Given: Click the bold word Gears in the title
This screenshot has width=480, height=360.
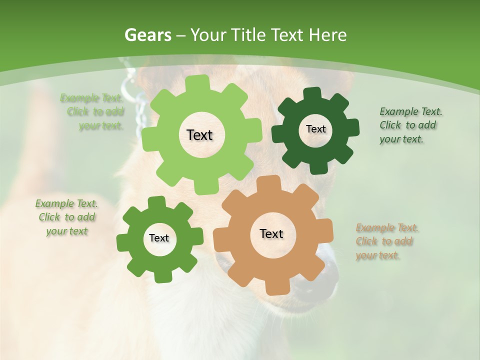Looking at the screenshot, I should click(x=147, y=35).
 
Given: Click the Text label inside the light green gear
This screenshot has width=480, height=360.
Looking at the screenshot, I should click(x=199, y=135).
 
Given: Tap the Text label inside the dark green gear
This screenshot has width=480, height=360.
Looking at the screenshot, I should click(x=315, y=129).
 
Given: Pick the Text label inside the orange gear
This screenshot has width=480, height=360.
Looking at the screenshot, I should click(x=271, y=233).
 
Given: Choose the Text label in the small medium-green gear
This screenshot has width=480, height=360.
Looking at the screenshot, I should click(x=159, y=238).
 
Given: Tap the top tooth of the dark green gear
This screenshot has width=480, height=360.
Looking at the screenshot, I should click(x=312, y=93).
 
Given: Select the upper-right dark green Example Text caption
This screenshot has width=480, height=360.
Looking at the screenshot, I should click(x=410, y=125).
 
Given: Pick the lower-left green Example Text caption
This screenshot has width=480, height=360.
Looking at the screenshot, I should click(x=66, y=217).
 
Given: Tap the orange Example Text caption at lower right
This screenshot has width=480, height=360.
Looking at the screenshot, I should click(x=386, y=241).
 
